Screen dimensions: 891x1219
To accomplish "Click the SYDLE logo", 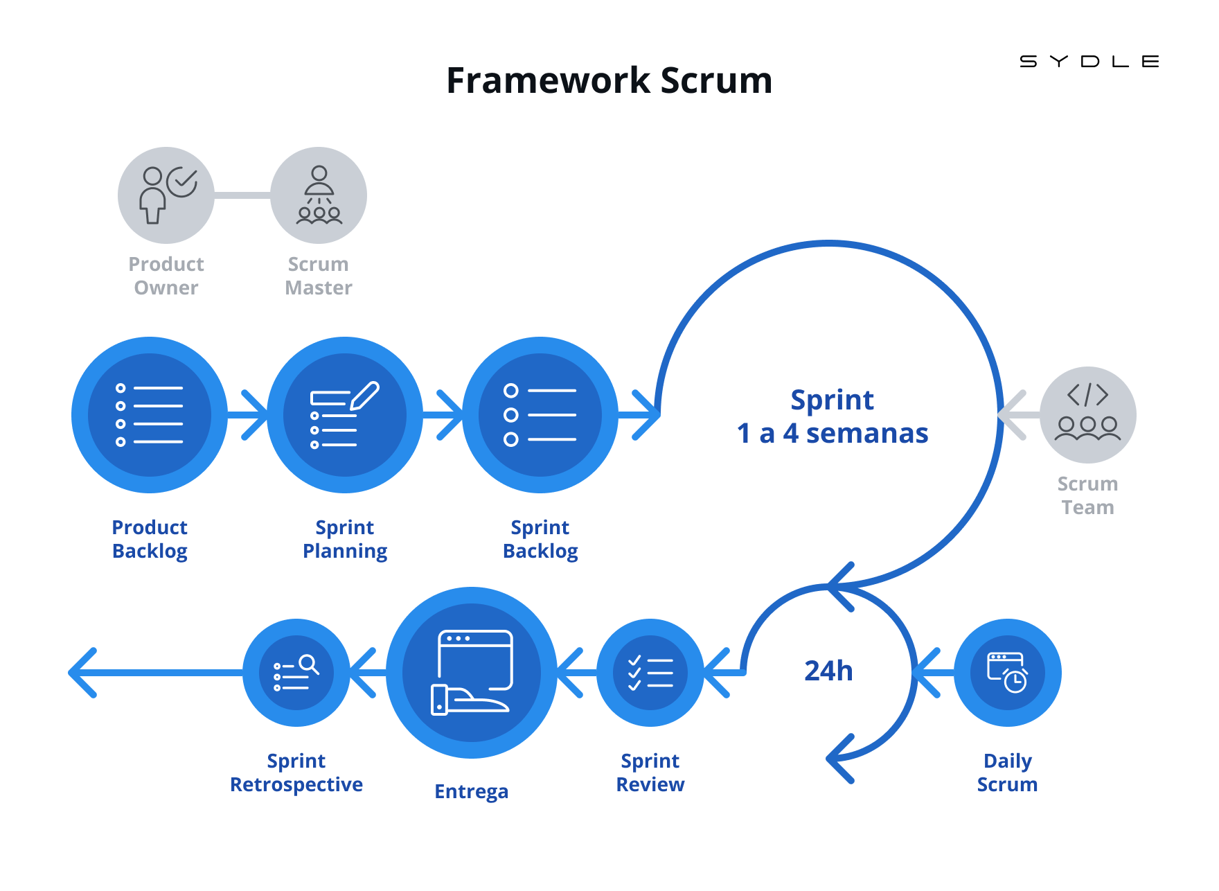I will tap(1089, 62).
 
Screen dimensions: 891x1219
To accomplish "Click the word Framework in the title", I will tap(548, 80).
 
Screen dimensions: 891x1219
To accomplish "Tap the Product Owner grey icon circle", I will tap(166, 195).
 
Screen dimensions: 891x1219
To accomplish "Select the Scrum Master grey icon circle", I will tap(319, 195).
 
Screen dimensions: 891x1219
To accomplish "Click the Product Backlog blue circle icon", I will tap(150, 415).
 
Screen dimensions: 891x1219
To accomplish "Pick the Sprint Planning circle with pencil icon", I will tap(345, 415).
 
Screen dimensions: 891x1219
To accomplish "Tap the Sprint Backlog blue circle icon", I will tap(540, 415).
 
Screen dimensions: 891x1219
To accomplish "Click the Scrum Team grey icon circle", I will tap(1088, 415).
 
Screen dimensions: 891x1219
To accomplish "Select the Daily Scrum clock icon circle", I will tap(1008, 673).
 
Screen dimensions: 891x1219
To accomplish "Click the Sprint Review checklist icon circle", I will tap(650, 673).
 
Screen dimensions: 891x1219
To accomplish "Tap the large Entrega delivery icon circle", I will tap(472, 673).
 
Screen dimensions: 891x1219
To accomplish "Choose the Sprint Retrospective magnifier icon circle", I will tap(296, 673).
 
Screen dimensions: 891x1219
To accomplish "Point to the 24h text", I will tap(828, 671).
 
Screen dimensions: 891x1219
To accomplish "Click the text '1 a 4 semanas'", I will tap(833, 434).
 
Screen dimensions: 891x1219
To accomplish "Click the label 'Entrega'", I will tap(472, 791).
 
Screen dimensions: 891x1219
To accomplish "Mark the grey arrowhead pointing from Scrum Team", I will tap(1013, 415).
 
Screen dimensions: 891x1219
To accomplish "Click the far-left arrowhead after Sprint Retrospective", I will tap(82, 673).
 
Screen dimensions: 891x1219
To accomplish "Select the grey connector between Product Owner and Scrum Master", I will tap(242, 195).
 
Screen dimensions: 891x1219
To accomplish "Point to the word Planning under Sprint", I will tap(345, 552).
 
